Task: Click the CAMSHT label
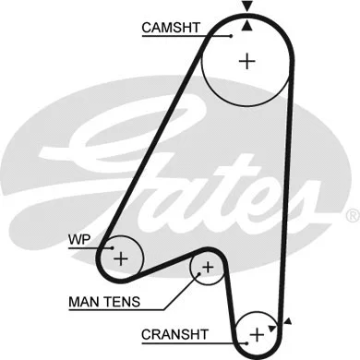pyautogui.click(x=170, y=28)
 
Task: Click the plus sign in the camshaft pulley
pyautogui.click(x=246, y=62)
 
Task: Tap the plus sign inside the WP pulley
pyautogui.click(x=120, y=258)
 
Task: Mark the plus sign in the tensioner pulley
pyautogui.click(x=208, y=268)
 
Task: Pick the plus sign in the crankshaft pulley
pyautogui.click(x=257, y=331)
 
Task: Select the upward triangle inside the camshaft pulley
pyautogui.click(x=246, y=26)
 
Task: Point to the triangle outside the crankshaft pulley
pyautogui.click(x=289, y=322)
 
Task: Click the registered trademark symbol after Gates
pyautogui.click(x=351, y=215)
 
